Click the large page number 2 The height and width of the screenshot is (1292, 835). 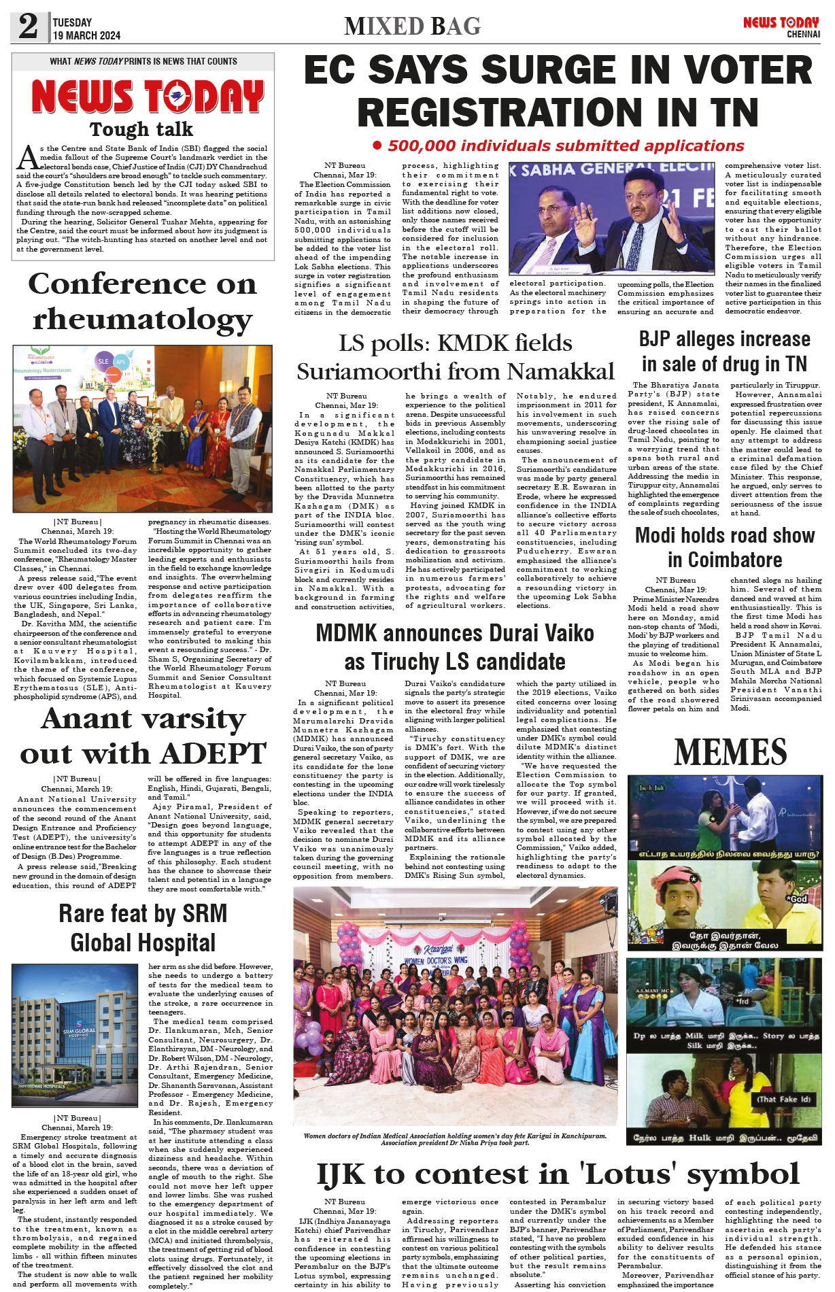pyautogui.click(x=29, y=27)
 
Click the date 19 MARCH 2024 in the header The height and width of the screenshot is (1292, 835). pyautogui.click(x=86, y=35)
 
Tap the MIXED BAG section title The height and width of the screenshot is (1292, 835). pyautogui.click(x=412, y=27)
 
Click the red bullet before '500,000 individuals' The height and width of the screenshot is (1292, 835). pyautogui.click(x=377, y=146)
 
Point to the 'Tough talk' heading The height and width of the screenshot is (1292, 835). pyautogui.click(x=141, y=129)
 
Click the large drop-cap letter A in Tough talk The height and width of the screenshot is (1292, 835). pyautogui.click(x=27, y=158)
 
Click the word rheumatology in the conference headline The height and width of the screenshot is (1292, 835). pyautogui.click(x=143, y=319)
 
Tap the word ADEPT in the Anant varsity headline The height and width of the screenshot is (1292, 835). pyautogui.click(x=213, y=753)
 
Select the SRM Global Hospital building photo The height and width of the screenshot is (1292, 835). pyautogui.click(x=75, y=1036)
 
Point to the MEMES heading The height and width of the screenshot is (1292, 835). pyautogui.click(x=730, y=752)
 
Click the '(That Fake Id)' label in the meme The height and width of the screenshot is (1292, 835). pyautogui.click(x=783, y=1099)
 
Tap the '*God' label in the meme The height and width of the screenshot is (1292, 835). pyautogui.click(x=797, y=898)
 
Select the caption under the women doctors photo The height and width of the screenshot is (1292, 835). pyautogui.click(x=455, y=1139)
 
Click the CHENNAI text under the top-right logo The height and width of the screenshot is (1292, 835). pyautogui.click(x=803, y=35)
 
